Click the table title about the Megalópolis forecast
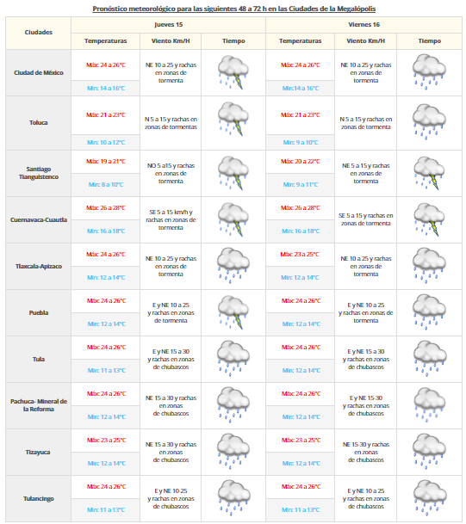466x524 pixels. (x=233, y=8)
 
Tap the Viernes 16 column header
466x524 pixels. (x=364, y=25)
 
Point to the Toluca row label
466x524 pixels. (x=39, y=122)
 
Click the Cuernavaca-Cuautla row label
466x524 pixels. (x=39, y=219)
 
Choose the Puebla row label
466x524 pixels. (x=39, y=313)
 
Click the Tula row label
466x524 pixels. (x=39, y=359)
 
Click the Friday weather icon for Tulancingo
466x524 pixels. (x=429, y=496)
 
